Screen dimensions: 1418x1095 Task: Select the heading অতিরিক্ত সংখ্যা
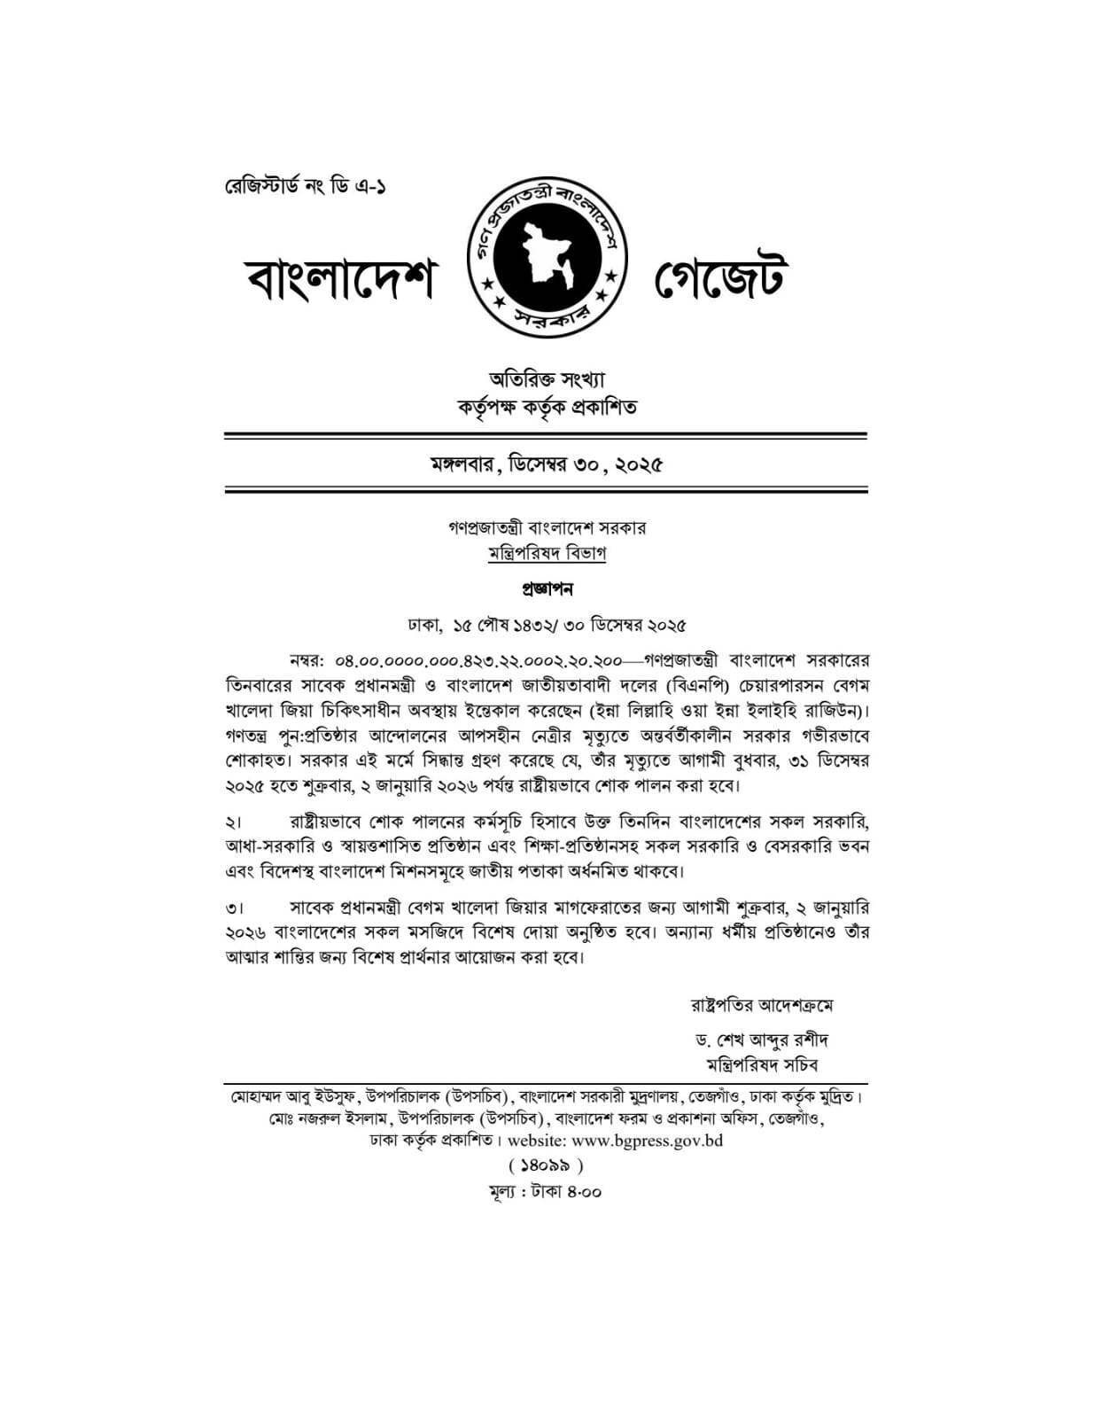pos(547,380)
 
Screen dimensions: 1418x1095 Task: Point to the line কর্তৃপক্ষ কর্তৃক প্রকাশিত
pos(547,408)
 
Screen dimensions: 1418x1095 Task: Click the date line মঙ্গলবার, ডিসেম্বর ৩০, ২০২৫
pos(547,464)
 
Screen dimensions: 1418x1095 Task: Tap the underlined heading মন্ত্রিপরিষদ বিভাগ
pos(547,553)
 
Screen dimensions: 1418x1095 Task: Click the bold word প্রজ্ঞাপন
pos(547,588)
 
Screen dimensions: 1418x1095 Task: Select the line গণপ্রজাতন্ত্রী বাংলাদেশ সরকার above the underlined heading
pos(547,527)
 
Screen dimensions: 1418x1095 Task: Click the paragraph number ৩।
pos(234,909)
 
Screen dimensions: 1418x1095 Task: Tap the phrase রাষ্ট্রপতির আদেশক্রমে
pos(762,1005)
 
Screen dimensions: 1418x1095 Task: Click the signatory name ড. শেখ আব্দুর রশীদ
pos(762,1040)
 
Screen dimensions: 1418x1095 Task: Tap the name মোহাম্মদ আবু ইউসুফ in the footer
pos(292,1097)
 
